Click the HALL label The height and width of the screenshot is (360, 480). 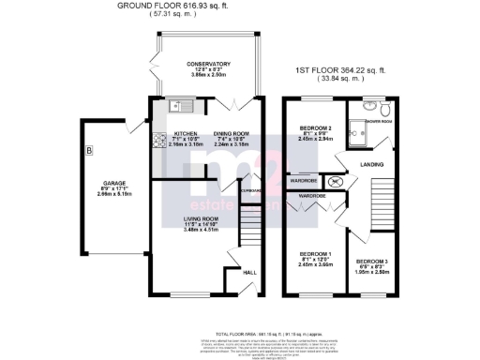tap(248, 272)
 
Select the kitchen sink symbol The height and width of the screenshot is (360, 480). tap(175, 106)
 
